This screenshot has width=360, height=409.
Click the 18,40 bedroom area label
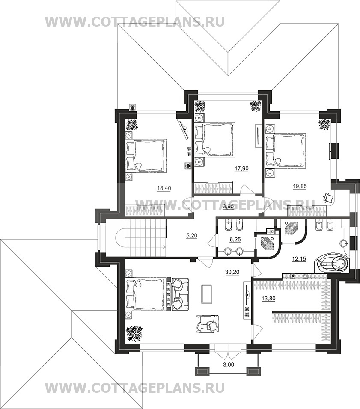tap(164, 188)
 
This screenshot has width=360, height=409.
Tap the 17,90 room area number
tap(241, 169)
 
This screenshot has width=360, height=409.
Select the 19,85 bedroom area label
tap(300, 186)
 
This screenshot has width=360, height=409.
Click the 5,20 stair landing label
tap(192, 236)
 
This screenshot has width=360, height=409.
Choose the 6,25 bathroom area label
tap(235, 240)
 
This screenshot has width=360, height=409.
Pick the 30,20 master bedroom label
tap(232, 272)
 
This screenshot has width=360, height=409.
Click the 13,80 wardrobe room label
tap(268, 298)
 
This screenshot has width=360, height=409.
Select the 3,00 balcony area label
tap(229, 365)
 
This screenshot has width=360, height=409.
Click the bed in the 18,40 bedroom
tap(146, 156)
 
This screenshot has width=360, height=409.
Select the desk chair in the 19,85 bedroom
tap(329, 198)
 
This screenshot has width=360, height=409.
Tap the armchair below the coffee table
tap(208, 323)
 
